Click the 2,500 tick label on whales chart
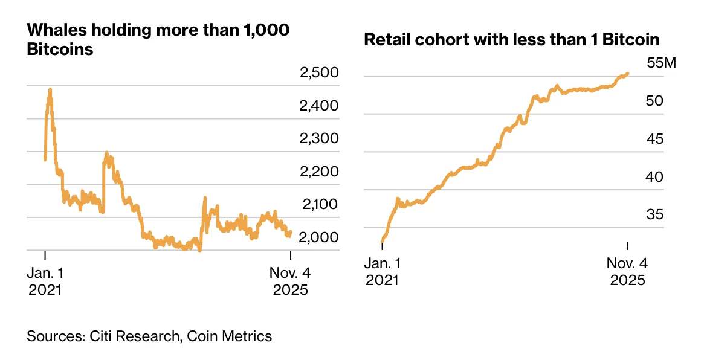tap(318, 74)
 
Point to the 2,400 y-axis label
tap(318, 106)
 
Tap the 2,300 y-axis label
tap(318, 139)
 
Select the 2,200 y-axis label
tap(318, 172)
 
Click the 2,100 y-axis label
tap(318, 204)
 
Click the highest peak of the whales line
tap(50, 90)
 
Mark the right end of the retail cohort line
tap(628, 74)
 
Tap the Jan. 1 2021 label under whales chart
tap(45, 281)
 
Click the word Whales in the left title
tap(53, 30)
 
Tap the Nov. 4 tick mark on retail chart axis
tap(628, 246)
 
